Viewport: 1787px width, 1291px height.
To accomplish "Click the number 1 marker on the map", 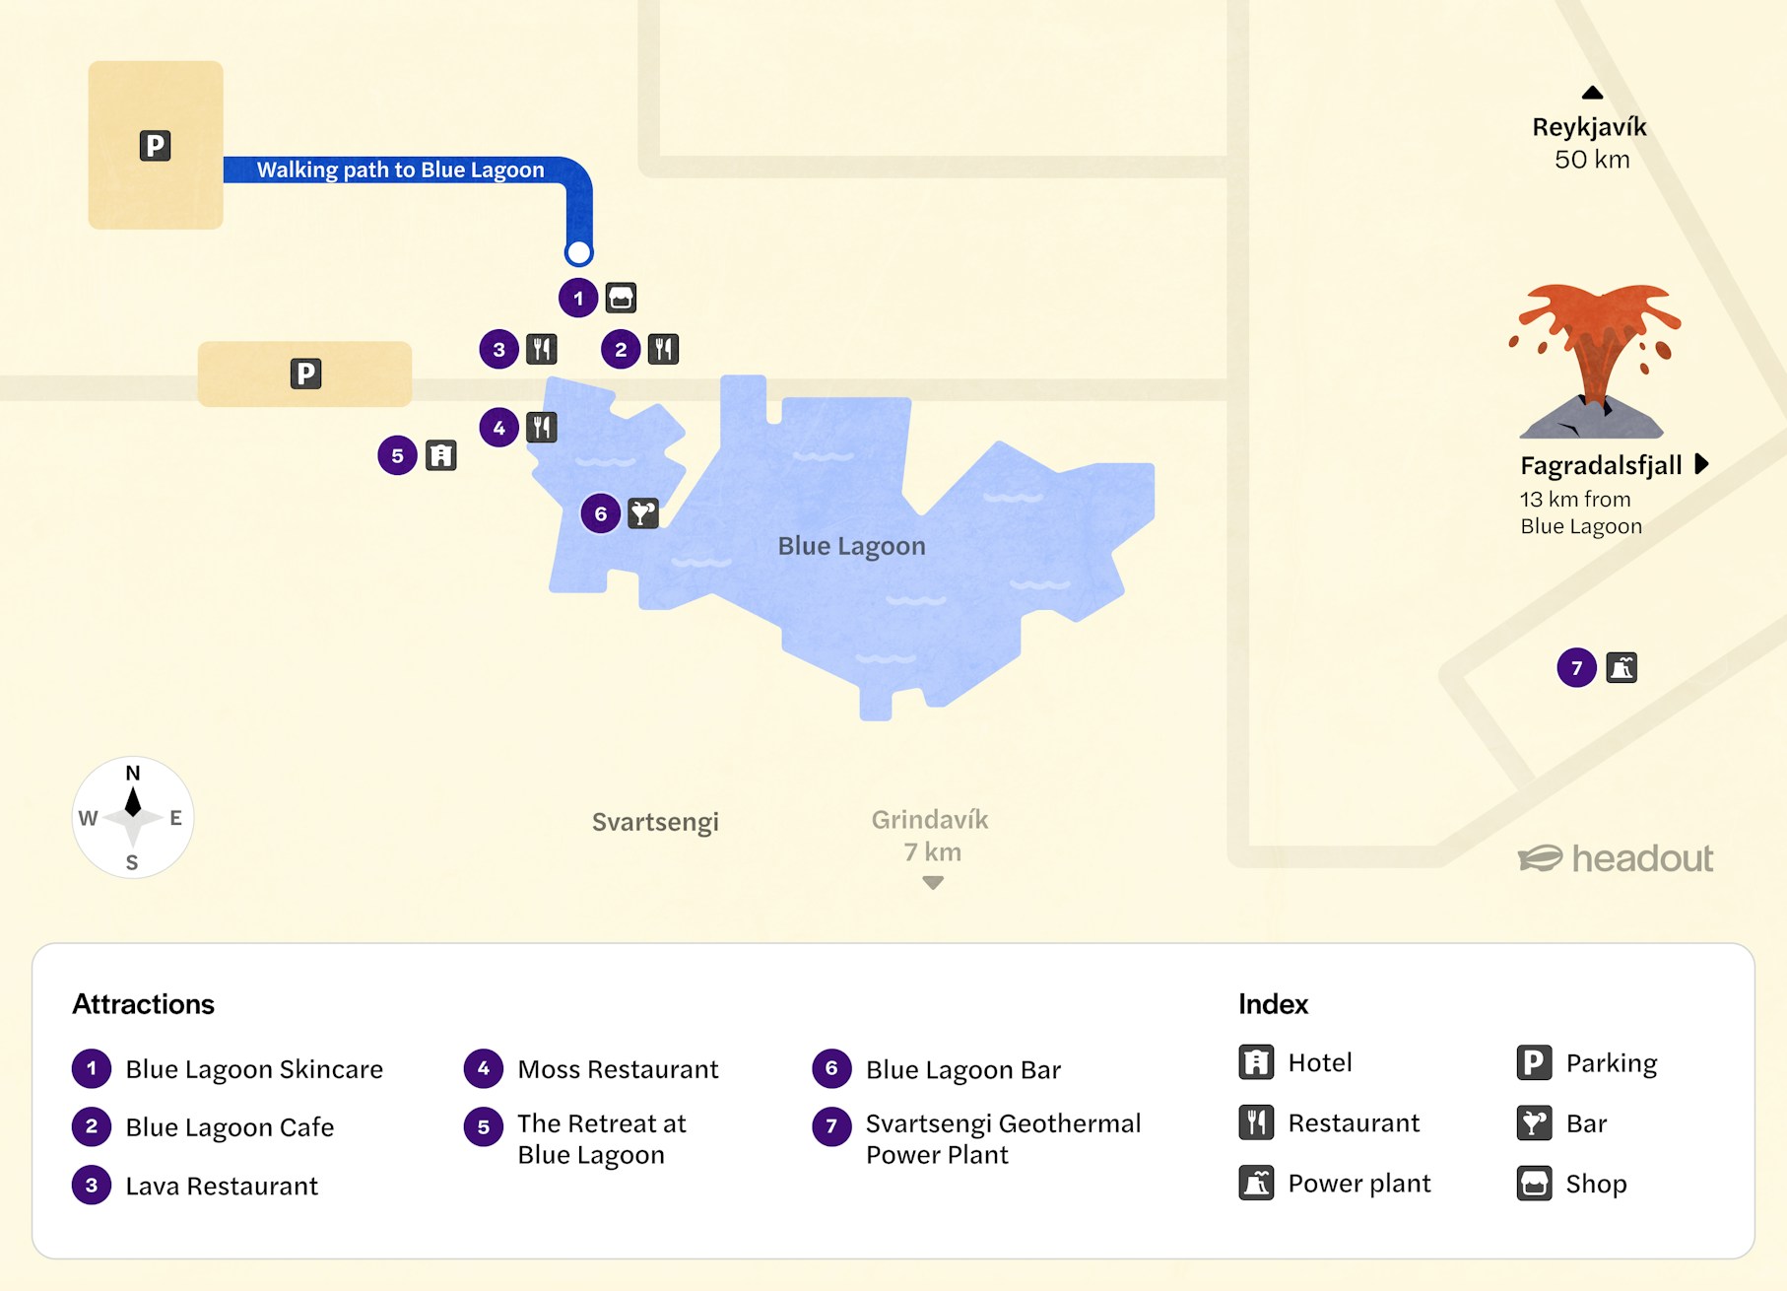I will (578, 298).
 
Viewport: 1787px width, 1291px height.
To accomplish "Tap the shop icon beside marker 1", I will (621, 298).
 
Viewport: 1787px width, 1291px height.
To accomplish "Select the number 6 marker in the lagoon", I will (600, 513).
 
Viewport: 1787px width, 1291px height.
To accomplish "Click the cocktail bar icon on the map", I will (643, 513).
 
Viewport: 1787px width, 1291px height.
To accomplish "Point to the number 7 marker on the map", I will (1576, 668).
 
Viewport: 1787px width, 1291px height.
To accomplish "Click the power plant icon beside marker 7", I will (1622, 668).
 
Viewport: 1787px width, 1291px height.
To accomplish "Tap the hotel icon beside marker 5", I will (440, 455).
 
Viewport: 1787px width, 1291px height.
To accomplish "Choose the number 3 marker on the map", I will (499, 349).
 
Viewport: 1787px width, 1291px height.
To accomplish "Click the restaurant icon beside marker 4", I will (542, 428).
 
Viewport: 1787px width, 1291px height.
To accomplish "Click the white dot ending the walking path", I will (579, 253).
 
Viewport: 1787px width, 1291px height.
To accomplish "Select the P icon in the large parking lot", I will (155, 146).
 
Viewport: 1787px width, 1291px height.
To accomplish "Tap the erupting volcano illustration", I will (1595, 360).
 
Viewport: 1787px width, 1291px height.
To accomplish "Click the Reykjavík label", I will (1589, 127).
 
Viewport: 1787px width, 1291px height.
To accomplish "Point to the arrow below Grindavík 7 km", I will (933, 883).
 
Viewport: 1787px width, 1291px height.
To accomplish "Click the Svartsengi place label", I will (655, 822).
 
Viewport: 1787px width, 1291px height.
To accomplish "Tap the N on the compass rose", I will (133, 774).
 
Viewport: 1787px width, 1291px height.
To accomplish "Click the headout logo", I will (1616, 858).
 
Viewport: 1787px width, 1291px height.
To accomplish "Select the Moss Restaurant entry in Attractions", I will (617, 1069).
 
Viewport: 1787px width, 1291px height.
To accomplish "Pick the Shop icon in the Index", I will (1534, 1184).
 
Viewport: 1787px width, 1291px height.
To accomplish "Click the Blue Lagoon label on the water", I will (851, 546).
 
